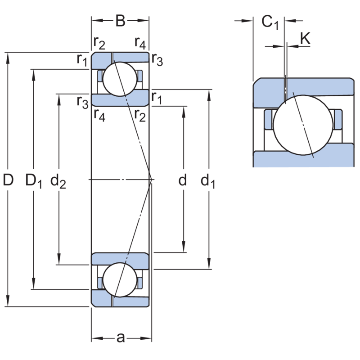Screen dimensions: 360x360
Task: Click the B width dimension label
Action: [120, 21]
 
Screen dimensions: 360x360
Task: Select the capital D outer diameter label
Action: [8, 180]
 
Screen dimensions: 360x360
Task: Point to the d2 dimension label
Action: [58, 181]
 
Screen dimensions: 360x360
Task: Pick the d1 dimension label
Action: [208, 181]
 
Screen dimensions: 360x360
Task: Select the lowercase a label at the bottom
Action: [120, 337]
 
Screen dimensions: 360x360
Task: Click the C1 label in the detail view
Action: [270, 22]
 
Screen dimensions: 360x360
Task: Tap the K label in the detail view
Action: [305, 39]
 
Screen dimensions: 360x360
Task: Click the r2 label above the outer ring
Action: [99, 43]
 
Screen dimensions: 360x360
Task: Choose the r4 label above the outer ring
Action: [140, 43]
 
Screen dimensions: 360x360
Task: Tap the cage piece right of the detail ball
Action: [339, 120]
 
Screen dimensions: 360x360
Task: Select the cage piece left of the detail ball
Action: [269, 120]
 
